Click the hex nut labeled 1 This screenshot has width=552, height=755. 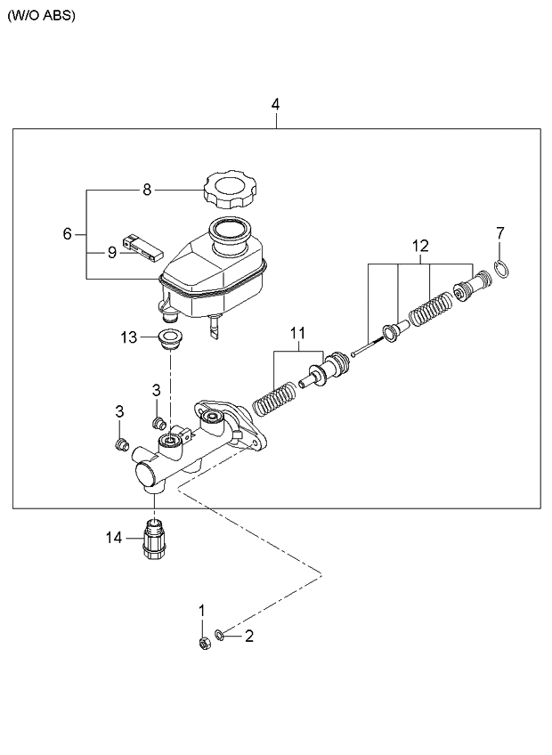[204, 644]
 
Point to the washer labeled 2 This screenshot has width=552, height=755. [219, 636]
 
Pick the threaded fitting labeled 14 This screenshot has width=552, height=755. [153, 539]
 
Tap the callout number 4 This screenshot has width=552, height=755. [275, 104]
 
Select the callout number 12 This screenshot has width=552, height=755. [420, 246]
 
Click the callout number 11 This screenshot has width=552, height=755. [298, 333]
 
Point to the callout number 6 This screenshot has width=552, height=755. [67, 234]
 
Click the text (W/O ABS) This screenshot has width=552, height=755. [42, 15]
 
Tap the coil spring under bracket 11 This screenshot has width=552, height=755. [274, 399]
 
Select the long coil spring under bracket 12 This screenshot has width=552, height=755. [431, 311]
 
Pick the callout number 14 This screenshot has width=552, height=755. [114, 538]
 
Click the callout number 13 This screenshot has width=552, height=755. [128, 337]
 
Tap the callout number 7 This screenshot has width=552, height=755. [500, 233]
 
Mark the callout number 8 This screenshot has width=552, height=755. [147, 191]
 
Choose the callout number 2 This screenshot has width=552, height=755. [249, 637]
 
